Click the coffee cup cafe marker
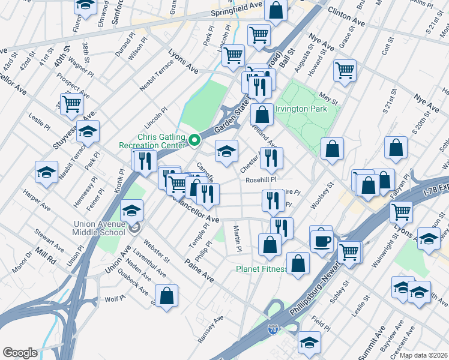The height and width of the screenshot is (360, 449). (321, 239)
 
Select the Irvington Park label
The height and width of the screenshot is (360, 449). (301, 109)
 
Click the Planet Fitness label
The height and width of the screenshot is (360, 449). (261, 269)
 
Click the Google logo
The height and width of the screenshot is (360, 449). (20, 352)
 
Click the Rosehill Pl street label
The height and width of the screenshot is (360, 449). (261, 179)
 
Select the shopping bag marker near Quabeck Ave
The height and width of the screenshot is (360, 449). (167, 295)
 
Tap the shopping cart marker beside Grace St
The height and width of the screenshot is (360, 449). (345, 70)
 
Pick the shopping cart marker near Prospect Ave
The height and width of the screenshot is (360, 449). (71, 103)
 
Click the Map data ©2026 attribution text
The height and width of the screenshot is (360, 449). (424, 355)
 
